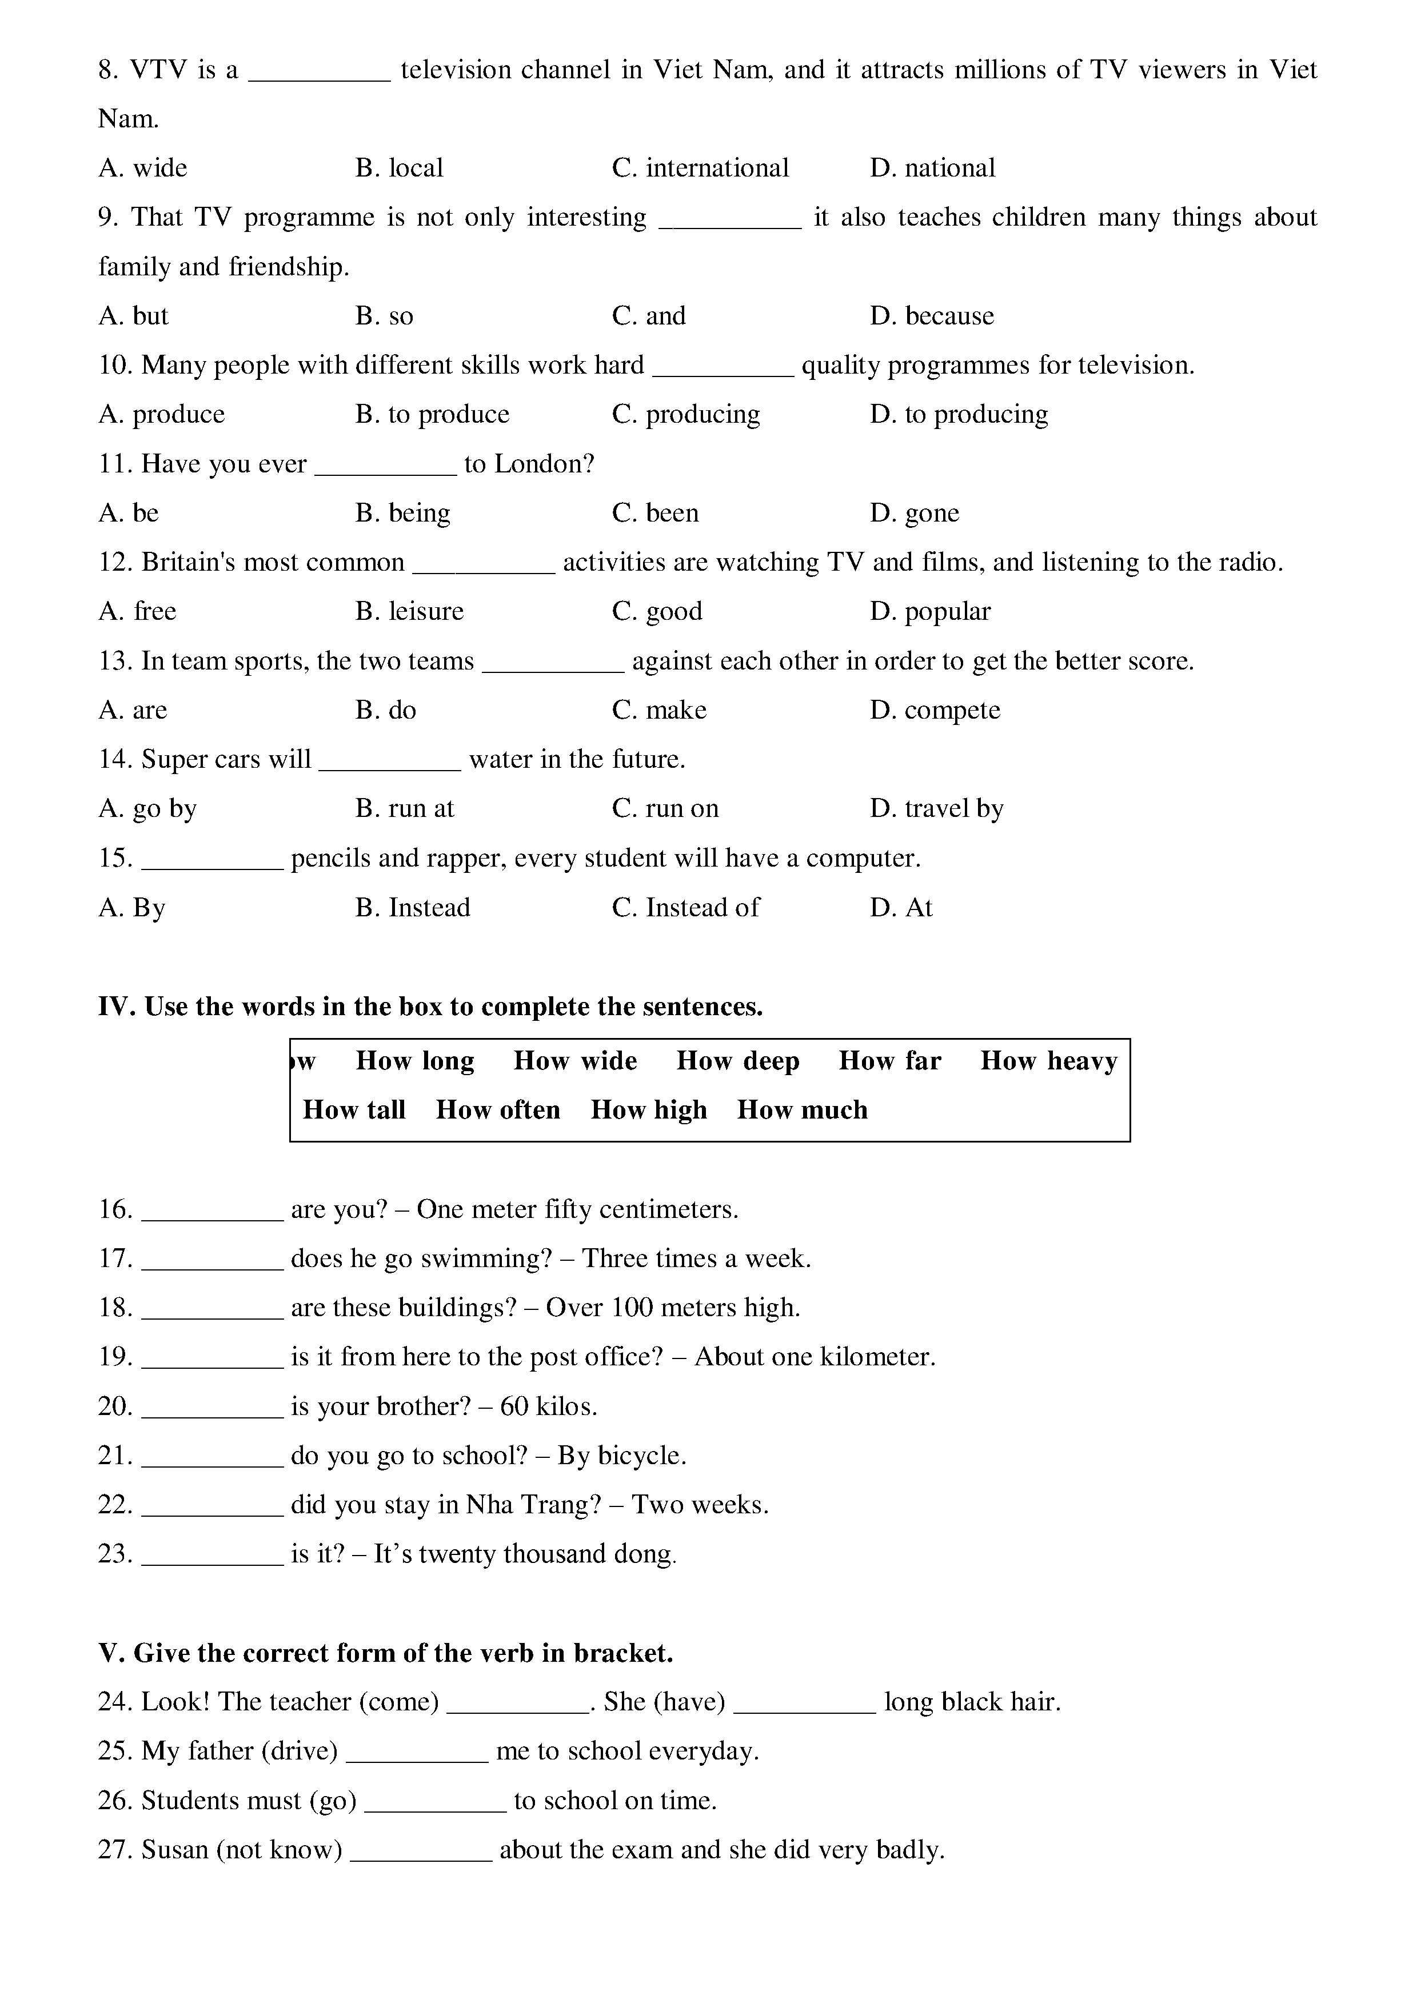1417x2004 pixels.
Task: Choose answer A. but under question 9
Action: pos(134,316)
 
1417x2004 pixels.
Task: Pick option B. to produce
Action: pos(432,415)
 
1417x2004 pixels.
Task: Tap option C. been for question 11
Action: pos(655,513)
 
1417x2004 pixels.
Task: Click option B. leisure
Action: pos(409,611)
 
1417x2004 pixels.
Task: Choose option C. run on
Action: pos(665,809)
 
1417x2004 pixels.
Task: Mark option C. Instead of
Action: pos(685,908)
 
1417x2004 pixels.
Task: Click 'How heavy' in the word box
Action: pos(1048,1061)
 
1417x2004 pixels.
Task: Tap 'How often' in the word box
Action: pos(498,1110)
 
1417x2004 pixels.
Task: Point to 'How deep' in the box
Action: pos(738,1061)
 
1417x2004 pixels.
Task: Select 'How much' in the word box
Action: pos(803,1110)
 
